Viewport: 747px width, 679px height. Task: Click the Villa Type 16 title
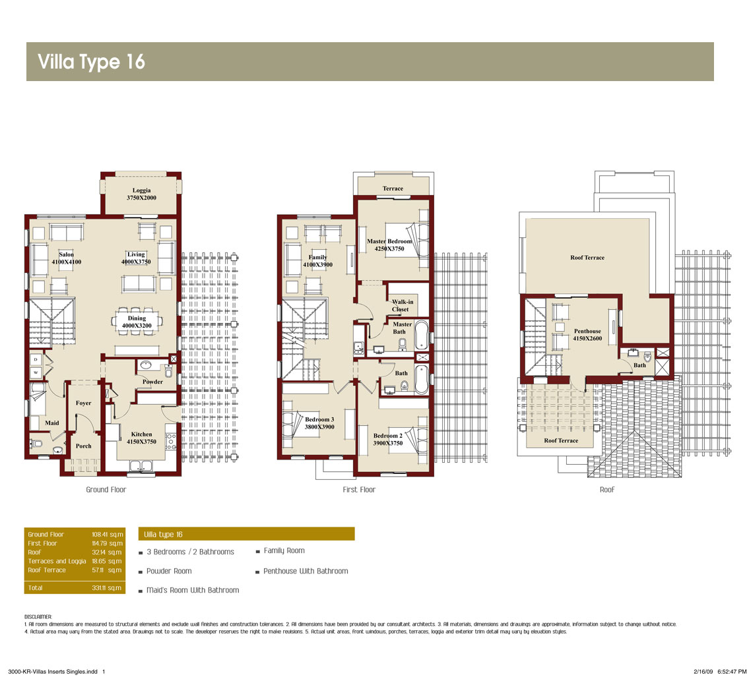tap(91, 62)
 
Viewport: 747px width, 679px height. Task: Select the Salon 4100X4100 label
tap(66, 258)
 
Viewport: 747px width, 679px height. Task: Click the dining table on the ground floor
tap(137, 322)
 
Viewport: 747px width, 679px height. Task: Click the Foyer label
tap(83, 403)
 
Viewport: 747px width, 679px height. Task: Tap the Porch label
tap(83, 446)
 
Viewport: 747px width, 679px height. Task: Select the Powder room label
tap(152, 382)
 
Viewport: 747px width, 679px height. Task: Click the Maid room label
tap(52, 423)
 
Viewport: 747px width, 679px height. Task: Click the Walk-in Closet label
tap(402, 305)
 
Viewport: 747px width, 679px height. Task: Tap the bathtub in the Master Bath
tap(422, 336)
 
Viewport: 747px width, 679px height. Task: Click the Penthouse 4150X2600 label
tap(587, 334)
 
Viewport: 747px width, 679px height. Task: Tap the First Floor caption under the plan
tap(359, 490)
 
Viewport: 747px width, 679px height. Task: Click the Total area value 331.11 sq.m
tap(107, 587)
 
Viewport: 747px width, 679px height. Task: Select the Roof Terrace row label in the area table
tap(47, 570)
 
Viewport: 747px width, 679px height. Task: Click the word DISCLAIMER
tap(38, 616)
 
